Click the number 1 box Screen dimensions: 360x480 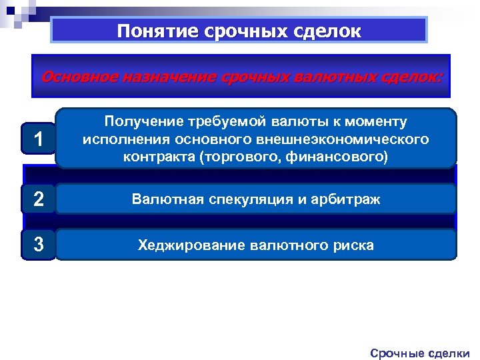point(39,139)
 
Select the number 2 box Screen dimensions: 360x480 point(39,199)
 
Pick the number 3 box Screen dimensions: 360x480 point(39,245)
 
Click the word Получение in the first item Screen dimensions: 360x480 point(139,121)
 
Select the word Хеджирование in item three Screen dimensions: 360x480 point(191,245)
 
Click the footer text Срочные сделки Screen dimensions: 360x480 point(420,353)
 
